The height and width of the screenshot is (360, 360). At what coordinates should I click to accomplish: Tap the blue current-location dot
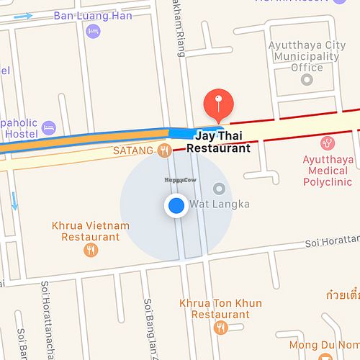click(176, 207)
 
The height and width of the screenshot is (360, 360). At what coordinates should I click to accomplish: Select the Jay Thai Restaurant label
click(218, 142)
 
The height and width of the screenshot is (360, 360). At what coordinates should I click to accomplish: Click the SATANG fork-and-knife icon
click(165, 150)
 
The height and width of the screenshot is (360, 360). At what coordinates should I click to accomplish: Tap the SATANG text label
click(134, 151)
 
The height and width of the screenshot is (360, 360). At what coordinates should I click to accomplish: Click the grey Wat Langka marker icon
click(219, 189)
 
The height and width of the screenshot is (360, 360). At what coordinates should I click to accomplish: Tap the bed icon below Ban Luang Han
click(92, 32)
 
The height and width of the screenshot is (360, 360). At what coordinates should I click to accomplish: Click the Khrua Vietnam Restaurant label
click(91, 230)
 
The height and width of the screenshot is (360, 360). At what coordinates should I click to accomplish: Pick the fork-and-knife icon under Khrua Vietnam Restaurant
click(91, 250)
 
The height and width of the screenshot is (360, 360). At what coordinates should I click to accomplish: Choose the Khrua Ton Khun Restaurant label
click(220, 309)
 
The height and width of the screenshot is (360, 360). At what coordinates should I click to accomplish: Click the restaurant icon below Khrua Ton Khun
click(220, 328)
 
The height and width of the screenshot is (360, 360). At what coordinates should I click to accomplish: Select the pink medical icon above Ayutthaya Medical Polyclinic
click(328, 143)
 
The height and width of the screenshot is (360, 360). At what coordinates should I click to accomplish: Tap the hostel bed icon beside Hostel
click(49, 127)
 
